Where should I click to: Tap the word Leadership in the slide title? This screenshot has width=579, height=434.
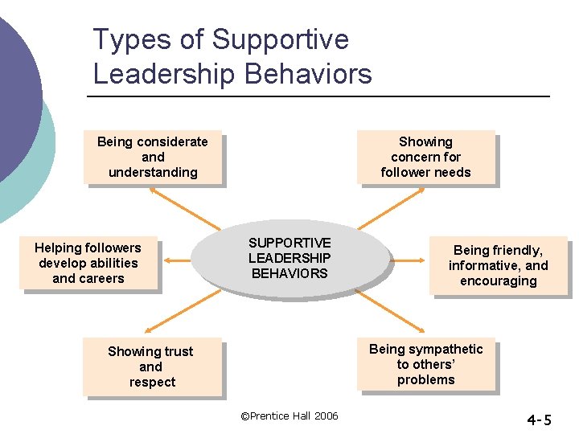[164, 74]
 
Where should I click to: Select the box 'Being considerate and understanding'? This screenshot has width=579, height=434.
[152, 157]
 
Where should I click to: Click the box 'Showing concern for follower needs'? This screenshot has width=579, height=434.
[425, 157]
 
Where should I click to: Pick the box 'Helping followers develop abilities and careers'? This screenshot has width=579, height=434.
[88, 264]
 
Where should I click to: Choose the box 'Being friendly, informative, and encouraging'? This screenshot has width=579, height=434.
[499, 265]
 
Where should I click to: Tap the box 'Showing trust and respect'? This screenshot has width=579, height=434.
[151, 366]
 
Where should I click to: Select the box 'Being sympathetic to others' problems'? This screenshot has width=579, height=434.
[425, 365]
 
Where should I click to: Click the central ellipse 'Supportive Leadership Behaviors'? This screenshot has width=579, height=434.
[289, 258]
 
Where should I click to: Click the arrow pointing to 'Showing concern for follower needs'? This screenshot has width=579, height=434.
[390, 207]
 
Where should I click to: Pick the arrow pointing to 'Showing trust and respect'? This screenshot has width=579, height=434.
[182, 312]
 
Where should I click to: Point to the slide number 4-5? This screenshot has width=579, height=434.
[539, 420]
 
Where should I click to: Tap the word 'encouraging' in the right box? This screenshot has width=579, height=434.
[499, 280]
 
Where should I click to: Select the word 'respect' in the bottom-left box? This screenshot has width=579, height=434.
[152, 382]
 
